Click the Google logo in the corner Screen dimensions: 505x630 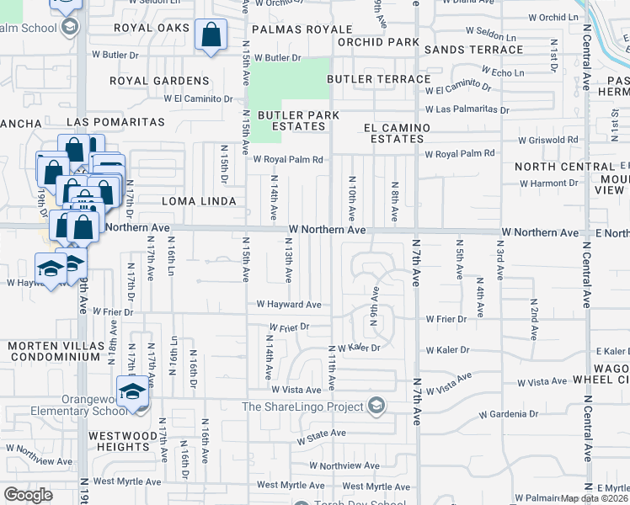coord(29,495)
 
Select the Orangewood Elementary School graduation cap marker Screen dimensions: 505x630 coord(131,392)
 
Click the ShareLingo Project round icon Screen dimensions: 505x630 coord(376,407)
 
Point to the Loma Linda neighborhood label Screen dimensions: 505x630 coord(196,201)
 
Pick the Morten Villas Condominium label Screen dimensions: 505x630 coord(54,351)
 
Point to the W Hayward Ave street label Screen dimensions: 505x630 coord(289,305)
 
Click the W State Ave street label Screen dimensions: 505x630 coord(322,433)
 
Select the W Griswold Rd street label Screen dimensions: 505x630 coord(548,140)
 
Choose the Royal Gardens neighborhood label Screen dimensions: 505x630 coord(159,81)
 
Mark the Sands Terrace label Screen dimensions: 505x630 coord(462,50)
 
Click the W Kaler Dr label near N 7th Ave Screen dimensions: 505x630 coord(446,350)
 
